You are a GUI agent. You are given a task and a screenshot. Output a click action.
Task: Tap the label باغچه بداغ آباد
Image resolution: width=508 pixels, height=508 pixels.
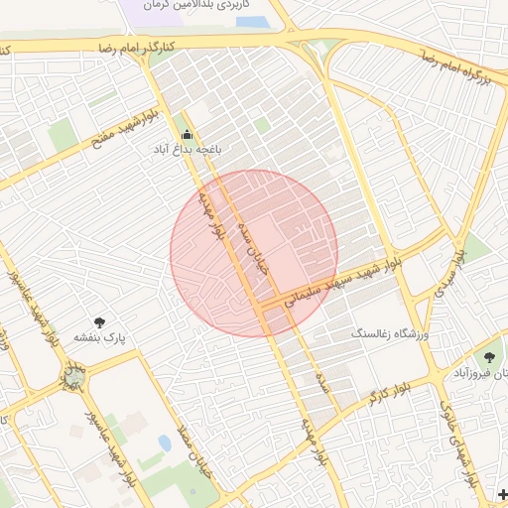click(187, 149)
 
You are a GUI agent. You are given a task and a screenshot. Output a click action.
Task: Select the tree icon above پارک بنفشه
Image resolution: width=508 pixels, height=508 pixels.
click(99, 321)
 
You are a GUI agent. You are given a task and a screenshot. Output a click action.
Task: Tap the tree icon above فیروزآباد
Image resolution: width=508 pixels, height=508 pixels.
click(488, 357)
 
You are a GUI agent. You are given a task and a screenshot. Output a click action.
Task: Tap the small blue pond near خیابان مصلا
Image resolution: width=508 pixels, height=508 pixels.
click(164, 442)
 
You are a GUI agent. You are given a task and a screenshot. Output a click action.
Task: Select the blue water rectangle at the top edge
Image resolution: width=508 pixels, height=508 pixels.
click(252, 22)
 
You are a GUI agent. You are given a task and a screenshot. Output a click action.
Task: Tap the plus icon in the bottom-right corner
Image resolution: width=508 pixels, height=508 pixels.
click(502, 493)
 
